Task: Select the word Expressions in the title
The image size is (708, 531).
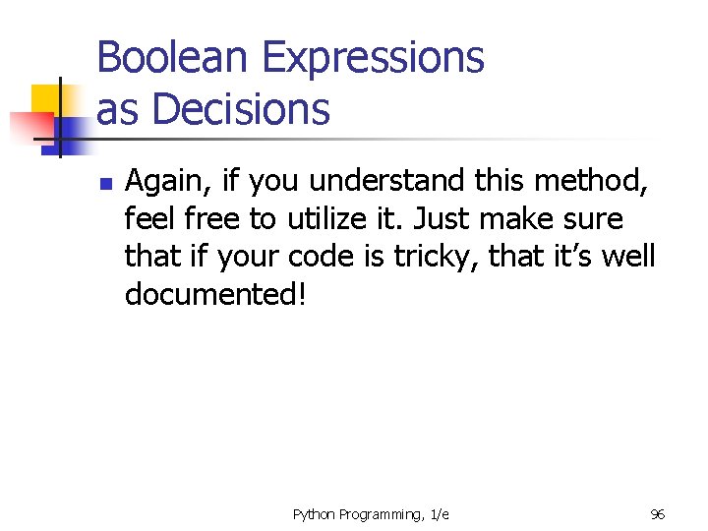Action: coord(367,59)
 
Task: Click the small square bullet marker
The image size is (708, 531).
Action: coord(107,184)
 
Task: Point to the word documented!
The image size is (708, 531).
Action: coord(215,294)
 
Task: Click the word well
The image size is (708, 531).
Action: coord(629,256)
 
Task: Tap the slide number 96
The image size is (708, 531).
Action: coord(658,514)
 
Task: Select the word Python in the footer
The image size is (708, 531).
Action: coord(315,514)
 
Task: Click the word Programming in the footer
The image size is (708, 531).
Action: coord(383,514)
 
